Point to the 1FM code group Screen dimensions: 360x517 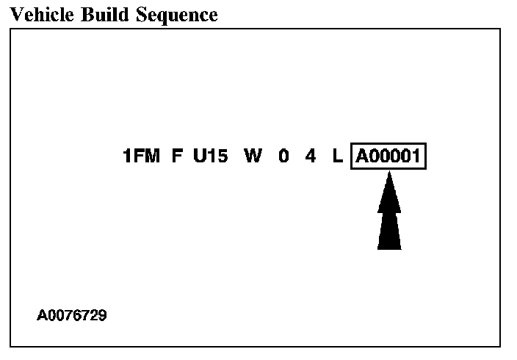coord(142,156)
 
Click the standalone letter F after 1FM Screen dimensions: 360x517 coord(177,156)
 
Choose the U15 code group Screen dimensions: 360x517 coord(211,156)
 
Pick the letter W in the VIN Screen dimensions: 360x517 coord(253,156)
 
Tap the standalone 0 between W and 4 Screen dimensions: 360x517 coord(283,156)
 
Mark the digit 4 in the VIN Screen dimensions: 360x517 coord(311,156)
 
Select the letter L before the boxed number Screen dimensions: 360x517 coord(337,156)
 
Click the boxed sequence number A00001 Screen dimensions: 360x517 coord(389,156)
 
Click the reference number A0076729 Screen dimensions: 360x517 coord(72,316)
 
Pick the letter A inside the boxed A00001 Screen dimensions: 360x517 coord(363,156)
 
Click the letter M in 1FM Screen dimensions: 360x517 coord(152,156)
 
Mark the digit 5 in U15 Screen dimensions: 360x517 coord(223,156)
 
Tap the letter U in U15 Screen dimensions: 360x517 coord(200,156)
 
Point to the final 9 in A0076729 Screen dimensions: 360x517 coord(102,316)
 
